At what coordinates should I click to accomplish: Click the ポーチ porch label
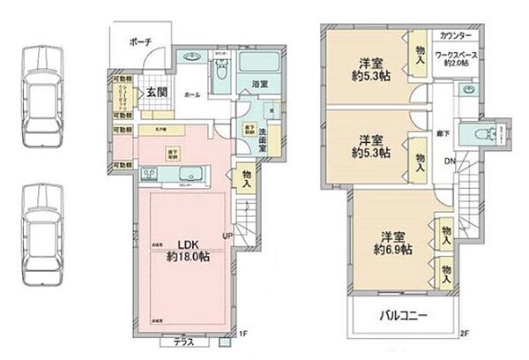[139, 41]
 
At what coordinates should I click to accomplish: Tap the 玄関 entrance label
[156, 93]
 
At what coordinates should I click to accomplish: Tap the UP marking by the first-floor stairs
[228, 237]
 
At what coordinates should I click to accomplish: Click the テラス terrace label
[183, 341]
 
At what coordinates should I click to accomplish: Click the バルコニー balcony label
[405, 315]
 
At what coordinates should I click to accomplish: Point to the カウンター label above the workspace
[455, 36]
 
